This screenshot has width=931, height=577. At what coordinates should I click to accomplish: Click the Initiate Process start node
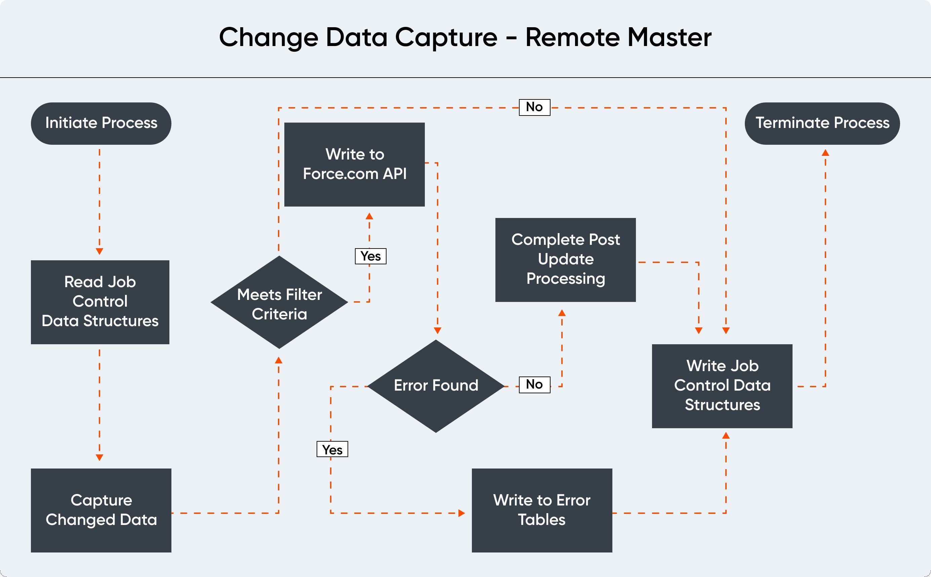101,123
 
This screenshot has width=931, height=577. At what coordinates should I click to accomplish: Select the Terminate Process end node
822,123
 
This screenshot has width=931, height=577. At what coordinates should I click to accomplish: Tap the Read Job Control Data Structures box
100,302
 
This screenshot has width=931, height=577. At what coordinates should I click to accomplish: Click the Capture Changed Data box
101,510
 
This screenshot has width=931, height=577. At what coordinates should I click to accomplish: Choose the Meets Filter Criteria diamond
279,302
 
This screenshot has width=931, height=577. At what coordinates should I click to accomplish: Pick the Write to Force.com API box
354,164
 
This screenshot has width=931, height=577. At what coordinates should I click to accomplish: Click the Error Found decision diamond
436,386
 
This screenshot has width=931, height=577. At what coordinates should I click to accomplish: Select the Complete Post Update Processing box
565,260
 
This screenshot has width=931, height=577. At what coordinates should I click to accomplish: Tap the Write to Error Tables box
541,510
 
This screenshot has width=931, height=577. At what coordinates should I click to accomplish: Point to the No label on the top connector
534,107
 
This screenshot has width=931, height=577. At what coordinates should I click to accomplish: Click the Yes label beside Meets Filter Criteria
370,256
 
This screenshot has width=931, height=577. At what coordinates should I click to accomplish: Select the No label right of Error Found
534,384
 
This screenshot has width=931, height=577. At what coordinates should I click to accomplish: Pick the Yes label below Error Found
332,449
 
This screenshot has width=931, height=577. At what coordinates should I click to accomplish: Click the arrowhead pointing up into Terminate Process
825,152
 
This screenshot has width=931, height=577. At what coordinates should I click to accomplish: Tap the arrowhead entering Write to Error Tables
462,513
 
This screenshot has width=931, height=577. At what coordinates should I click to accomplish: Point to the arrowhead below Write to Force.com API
369,216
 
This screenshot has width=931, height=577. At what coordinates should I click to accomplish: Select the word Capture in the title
446,37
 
